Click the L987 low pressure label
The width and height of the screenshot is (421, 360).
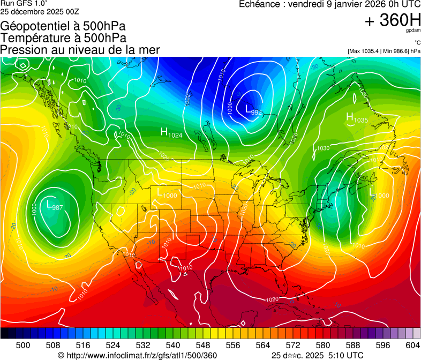[x=55, y=205]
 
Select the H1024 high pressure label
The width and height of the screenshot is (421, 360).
[x=171, y=133]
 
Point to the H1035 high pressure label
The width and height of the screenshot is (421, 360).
[x=357, y=118]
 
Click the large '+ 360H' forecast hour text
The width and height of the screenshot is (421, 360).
[x=392, y=20]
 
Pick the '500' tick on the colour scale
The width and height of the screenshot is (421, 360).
[x=23, y=344]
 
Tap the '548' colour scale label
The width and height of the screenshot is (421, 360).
[x=203, y=344]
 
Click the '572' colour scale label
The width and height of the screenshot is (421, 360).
[x=293, y=344]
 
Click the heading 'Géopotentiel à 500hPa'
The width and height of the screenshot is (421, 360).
[x=63, y=26]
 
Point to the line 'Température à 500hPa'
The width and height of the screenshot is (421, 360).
[x=63, y=37]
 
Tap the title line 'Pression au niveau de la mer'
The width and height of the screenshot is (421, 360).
[x=80, y=50]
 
